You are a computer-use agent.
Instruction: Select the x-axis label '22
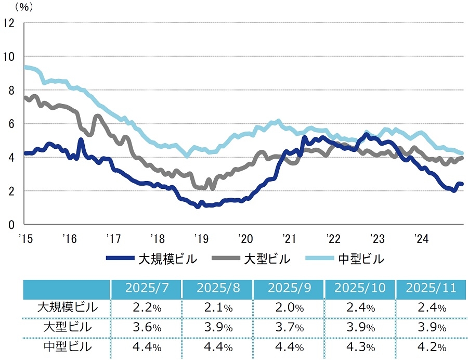click(x=333, y=239)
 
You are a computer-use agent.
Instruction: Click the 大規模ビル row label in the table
click(x=68, y=307)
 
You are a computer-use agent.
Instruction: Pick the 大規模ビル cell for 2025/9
click(x=289, y=308)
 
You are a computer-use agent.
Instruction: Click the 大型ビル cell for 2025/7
click(x=146, y=328)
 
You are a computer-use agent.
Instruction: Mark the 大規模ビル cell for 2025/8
click(x=217, y=308)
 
